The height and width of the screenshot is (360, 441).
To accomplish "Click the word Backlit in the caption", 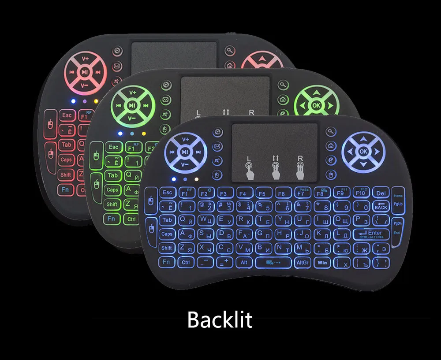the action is pyautogui.click(x=220, y=319).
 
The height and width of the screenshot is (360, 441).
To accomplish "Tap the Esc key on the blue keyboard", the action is pyautogui.click(x=167, y=193).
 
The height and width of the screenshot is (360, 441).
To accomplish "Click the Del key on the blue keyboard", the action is pyautogui.click(x=381, y=193).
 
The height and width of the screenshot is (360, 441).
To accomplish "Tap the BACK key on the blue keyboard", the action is pyautogui.click(x=381, y=206).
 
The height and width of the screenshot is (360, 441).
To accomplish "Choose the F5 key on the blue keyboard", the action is pyautogui.click(x=262, y=193).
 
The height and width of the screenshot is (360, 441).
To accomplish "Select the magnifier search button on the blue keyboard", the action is pyautogui.click(x=330, y=132).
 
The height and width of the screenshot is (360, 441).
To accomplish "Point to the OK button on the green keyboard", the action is pyautogui.click(x=316, y=106).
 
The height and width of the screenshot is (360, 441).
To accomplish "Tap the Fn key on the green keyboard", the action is pyautogui.click(x=112, y=219).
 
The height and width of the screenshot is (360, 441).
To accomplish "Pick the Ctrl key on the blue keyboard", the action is pyautogui.click(x=186, y=263).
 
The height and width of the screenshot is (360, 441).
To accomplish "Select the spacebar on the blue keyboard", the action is pyautogui.click(x=273, y=263).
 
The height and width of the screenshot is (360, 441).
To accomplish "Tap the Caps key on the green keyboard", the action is pyautogui.click(x=112, y=190).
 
